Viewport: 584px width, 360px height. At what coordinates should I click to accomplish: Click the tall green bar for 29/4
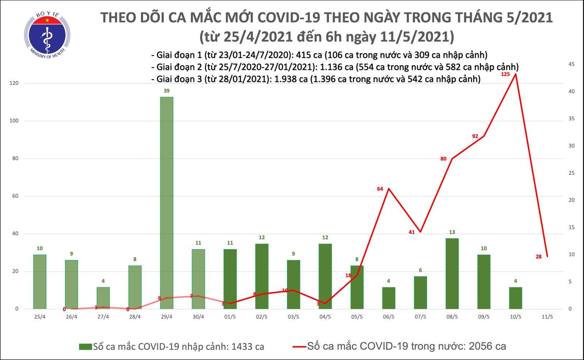point(166,203)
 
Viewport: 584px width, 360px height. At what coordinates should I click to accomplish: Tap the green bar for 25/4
point(40,282)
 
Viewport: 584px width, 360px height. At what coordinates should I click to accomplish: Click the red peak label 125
point(506,74)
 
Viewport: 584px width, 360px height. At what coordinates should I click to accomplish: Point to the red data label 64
point(380,189)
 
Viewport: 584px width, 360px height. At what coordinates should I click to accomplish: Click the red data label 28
point(538,257)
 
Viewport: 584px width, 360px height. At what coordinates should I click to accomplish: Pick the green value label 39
point(166,91)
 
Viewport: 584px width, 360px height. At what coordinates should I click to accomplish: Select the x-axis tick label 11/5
point(547,317)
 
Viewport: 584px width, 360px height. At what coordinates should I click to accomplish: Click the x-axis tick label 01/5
point(230,317)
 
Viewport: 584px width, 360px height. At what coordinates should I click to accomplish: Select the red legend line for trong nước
point(299,347)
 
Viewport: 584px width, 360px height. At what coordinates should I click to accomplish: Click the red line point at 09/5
point(484,136)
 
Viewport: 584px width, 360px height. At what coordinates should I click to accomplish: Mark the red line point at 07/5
point(420,232)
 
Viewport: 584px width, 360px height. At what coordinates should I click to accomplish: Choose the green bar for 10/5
point(515,298)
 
